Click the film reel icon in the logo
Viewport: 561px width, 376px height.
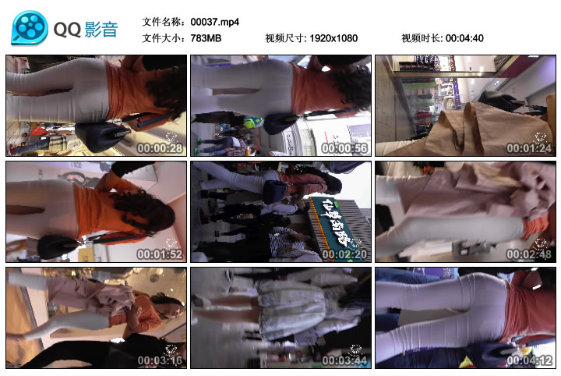pyautogui.click(x=30, y=28)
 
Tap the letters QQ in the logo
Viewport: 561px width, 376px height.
pyautogui.click(x=68, y=30)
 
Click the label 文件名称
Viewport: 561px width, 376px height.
pyautogui.click(x=163, y=22)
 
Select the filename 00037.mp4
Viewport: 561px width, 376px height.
pyautogui.click(x=214, y=22)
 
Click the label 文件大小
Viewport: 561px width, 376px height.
pyautogui.click(x=163, y=38)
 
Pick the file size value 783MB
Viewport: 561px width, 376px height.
pyautogui.click(x=206, y=38)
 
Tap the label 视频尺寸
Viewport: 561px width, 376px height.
pyautogui.click(x=284, y=38)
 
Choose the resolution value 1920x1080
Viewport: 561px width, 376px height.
pyautogui.click(x=334, y=38)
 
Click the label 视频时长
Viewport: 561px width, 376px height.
pyautogui.click(x=422, y=38)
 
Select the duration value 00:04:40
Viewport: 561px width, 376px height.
pyautogui.click(x=465, y=38)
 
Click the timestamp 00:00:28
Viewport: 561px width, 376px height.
pyautogui.click(x=160, y=148)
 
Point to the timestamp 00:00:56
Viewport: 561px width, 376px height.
pyautogui.click(x=344, y=148)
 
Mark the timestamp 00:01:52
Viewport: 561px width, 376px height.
pyautogui.click(x=160, y=254)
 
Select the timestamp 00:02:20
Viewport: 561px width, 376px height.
pyautogui.click(x=344, y=254)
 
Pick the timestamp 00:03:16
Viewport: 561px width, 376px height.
pyautogui.click(x=160, y=360)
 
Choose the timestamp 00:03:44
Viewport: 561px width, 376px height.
pyautogui.click(x=344, y=360)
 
